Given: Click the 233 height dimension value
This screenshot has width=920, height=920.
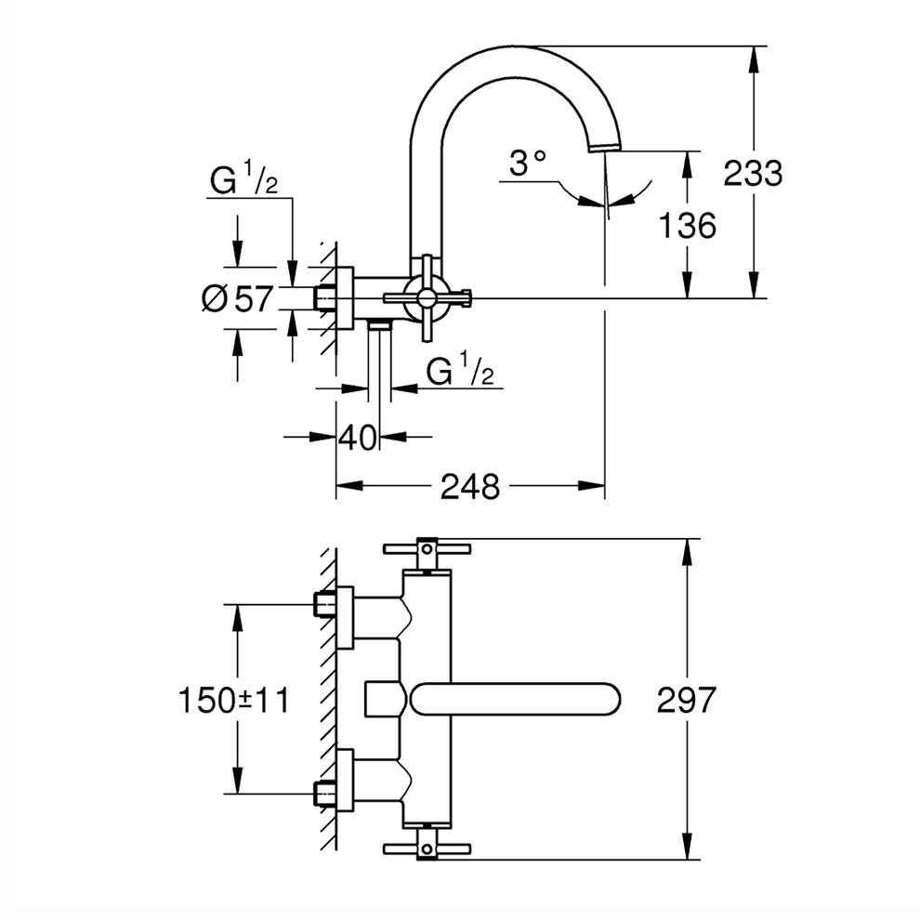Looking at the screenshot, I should coord(753,173).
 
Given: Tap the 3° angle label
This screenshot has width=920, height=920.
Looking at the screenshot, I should coord(527,164).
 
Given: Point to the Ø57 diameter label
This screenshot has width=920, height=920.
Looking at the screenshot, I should coord(238,299).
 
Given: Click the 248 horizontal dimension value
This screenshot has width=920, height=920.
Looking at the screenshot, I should coord(470,485).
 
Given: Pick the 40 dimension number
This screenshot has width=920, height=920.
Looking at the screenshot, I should coord(358,437).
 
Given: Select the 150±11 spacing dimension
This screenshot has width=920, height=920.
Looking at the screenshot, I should coord(233,699).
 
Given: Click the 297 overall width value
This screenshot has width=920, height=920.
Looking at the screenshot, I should coord(688,699).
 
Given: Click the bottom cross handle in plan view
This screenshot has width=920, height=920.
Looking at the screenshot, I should coord(427,846).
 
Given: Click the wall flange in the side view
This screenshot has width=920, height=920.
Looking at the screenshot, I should coord(344,298).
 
